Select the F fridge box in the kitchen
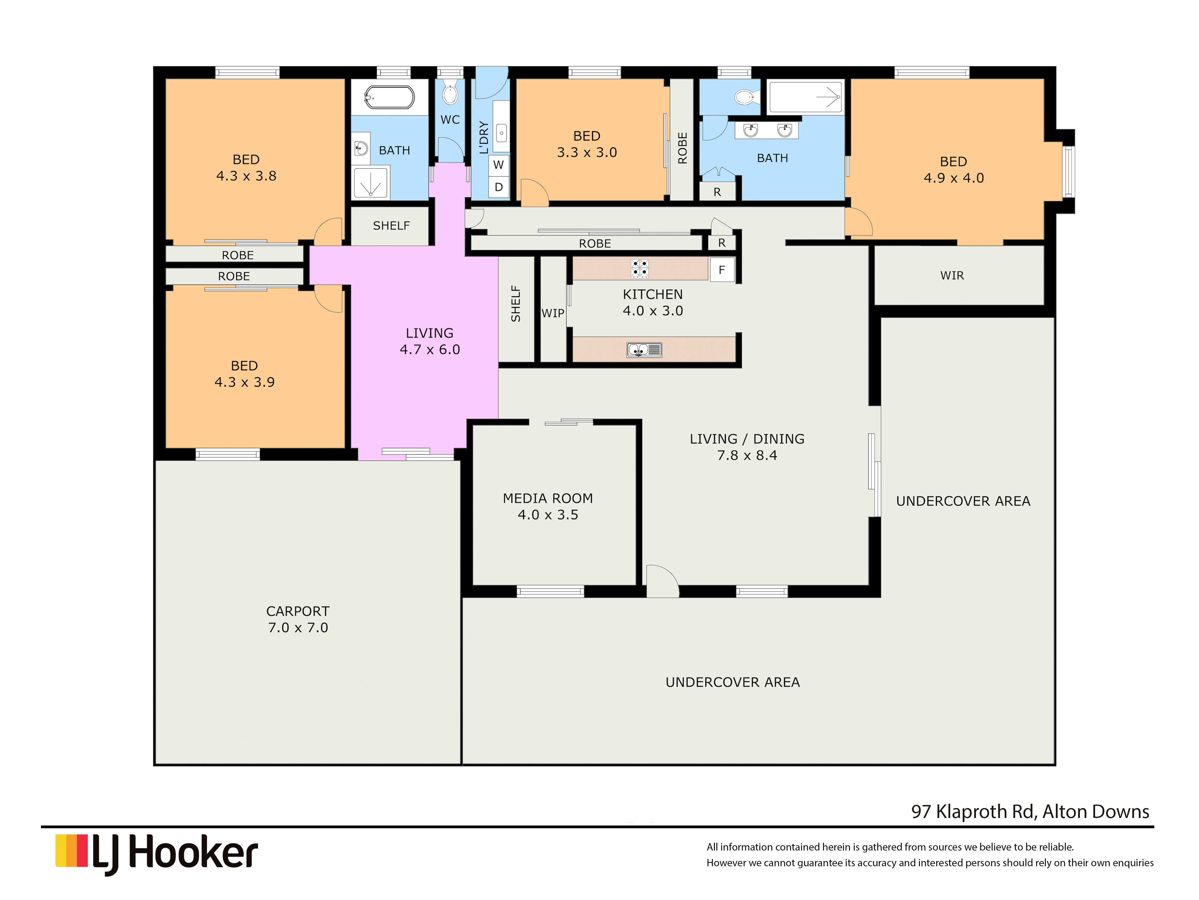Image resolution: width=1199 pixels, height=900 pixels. (x=721, y=269)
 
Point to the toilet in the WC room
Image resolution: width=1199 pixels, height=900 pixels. (x=450, y=93)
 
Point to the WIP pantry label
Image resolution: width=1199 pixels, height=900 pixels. (x=553, y=313)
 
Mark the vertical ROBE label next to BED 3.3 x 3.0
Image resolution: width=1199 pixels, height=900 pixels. (x=682, y=147)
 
